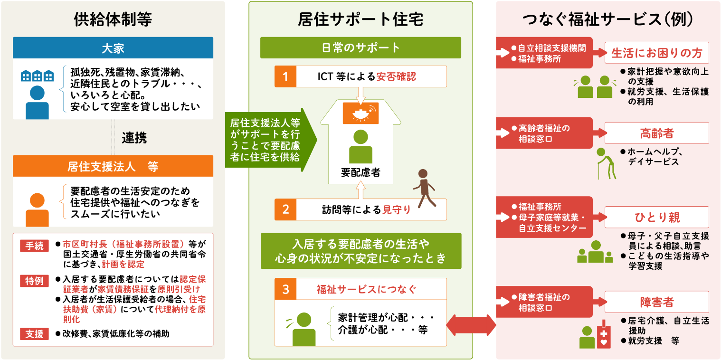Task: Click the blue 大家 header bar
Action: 113,47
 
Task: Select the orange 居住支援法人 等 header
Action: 113,166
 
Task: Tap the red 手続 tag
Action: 35,246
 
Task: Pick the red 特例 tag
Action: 35,281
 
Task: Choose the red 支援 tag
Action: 35,334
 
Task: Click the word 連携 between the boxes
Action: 134,138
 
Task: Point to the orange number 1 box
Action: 285,76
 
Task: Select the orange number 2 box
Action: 285,209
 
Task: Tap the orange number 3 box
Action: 285,289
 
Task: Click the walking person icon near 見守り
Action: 425,189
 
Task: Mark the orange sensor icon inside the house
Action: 360,114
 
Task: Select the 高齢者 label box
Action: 656,133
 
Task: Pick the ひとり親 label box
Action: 656,217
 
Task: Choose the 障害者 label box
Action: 656,302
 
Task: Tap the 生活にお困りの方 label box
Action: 656,53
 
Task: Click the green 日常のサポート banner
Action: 360,47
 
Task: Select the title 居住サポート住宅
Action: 360,19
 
